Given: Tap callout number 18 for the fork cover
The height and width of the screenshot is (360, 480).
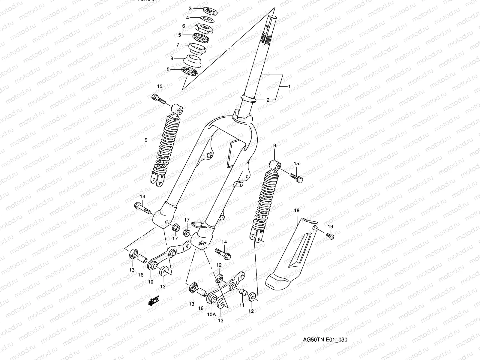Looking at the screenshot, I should (297, 211).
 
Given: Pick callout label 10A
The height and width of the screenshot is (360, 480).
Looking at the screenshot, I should (212, 314).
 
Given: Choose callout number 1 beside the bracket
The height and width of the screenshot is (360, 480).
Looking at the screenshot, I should (289, 86).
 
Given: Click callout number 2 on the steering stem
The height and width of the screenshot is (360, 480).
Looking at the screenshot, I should (268, 100).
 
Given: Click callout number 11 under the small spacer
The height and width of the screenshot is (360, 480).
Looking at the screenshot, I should (242, 305).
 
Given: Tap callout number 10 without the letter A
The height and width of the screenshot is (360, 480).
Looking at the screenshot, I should (150, 282).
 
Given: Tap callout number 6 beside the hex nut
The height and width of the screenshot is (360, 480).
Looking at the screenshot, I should (184, 26).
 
